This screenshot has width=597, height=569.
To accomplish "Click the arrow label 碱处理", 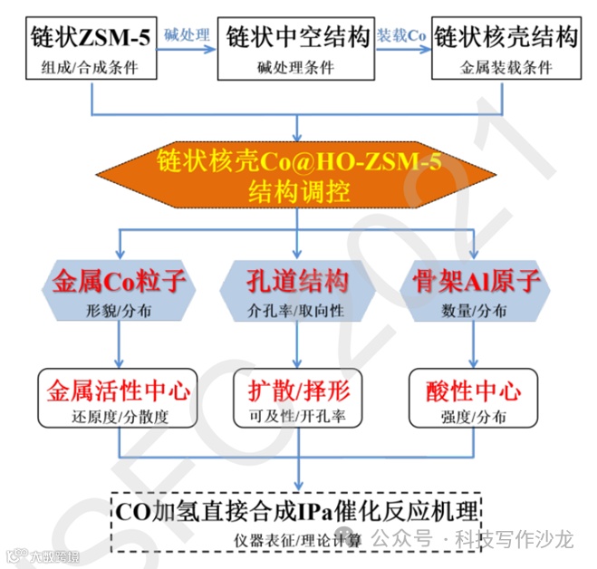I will point(187,34).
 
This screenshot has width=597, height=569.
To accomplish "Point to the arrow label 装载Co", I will point(401,34).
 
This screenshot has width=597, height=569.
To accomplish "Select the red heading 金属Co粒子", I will point(120,282).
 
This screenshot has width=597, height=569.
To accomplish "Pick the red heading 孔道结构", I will point(298,282).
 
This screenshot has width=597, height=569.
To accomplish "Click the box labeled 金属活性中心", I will point(119,399).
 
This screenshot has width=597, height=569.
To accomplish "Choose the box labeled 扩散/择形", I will point(298,399).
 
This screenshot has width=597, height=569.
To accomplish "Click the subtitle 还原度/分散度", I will point(119,419).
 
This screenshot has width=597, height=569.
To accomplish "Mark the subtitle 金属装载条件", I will point(505,67).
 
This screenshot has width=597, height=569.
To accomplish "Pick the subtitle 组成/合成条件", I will point(90,67).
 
